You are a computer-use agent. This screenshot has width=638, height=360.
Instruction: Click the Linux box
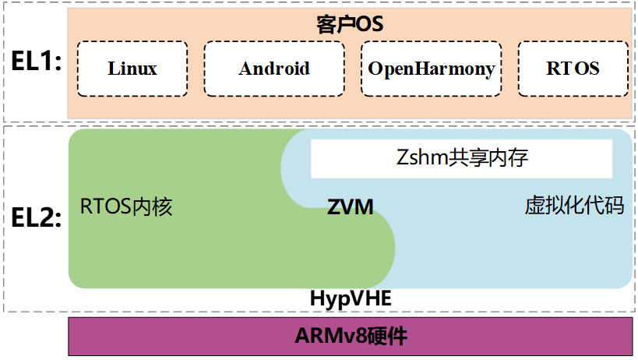coord(132,69)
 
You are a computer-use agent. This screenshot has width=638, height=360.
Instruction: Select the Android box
coord(273,69)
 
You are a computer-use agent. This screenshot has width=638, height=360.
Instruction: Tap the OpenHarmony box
coord(431,69)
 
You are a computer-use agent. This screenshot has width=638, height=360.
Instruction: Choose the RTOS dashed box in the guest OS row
coord(573,69)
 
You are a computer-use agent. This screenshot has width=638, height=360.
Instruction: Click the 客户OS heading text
coord(350,23)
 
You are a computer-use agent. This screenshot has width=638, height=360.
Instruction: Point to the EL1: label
coord(34,62)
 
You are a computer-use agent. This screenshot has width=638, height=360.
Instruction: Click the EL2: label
coord(34,219)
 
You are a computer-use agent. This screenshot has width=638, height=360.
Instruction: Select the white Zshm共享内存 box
coord(461,159)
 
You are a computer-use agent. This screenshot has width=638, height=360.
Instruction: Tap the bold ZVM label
coord(350,207)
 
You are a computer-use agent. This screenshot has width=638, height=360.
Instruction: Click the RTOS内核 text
coord(125,207)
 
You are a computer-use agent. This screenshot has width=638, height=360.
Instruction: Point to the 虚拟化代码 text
coord(574,206)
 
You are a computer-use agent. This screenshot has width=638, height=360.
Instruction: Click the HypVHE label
coord(350,299)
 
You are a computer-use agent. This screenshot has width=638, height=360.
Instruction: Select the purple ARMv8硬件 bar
coord(350,336)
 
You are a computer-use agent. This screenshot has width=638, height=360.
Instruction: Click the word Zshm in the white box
coord(418,159)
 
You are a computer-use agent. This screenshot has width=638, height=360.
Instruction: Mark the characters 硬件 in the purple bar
coord(382,336)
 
